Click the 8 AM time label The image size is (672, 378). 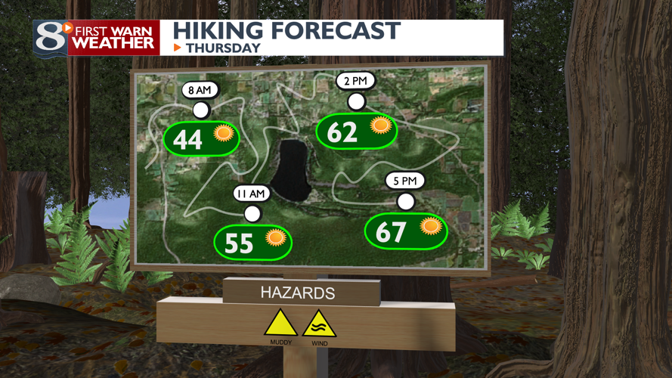(200, 91)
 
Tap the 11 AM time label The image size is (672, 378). (251, 194)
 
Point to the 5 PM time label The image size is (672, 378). (404, 181)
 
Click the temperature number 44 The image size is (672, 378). (187, 140)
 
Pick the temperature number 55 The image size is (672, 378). (239, 243)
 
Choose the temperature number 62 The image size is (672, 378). (342, 132)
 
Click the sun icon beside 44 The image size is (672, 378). (223, 135)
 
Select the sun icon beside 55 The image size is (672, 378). (275, 238)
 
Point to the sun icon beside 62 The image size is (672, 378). (379, 125)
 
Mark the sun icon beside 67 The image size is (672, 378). (430, 225)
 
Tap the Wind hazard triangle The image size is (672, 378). (319, 324)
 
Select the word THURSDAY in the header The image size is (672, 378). (223, 48)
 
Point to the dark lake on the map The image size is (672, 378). (290, 170)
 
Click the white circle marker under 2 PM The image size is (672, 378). (356, 101)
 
